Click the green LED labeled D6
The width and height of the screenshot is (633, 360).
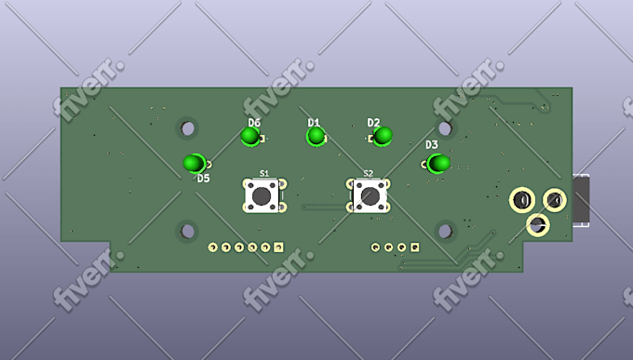[x=250, y=137]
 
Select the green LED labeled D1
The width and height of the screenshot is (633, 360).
[x=316, y=137]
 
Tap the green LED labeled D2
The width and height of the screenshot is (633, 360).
[x=383, y=136]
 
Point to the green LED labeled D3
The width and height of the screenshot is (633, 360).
[x=438, y=164]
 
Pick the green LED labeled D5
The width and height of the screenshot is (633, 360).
[x=195, y=164]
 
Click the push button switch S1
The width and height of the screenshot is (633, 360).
[x=262, y=196]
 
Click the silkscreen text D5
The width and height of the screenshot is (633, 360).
[x=204, y=179]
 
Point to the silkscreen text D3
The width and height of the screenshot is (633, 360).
[x=432, y=144]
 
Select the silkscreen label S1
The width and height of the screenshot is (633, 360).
[x=264, y=174]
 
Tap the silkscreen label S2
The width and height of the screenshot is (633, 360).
[x=369, y=174]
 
